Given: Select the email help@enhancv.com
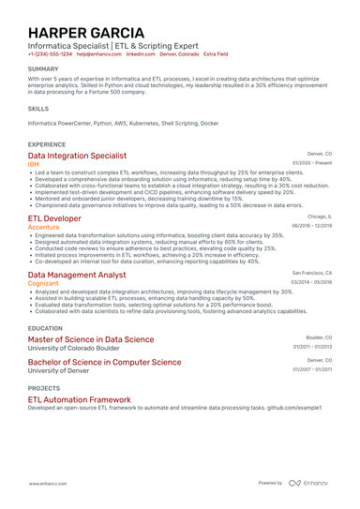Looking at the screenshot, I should coord(98,54).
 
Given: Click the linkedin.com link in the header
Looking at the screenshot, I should coord(140,54).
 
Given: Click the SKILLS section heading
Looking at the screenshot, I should coord(38,108).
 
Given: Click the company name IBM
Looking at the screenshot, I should coord(34,163).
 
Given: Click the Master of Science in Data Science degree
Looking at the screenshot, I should coord(91,339).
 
